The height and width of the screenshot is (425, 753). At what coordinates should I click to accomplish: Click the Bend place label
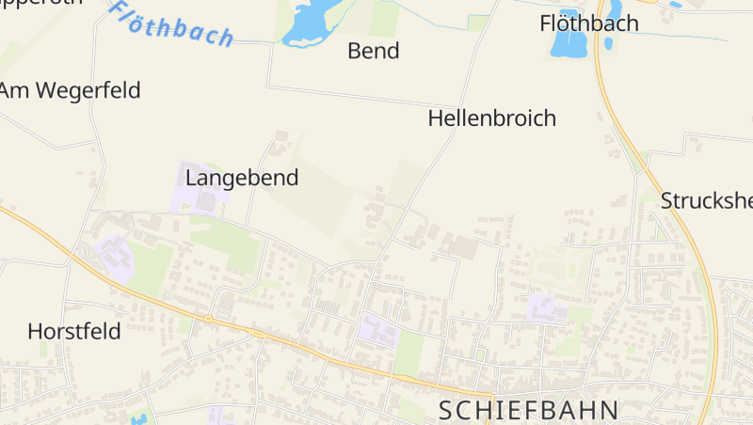click(x=374, y=51)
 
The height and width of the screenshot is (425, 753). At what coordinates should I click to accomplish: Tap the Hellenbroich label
click(x=491, y=118)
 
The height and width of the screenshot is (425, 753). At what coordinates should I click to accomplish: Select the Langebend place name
click(x=242, y=177)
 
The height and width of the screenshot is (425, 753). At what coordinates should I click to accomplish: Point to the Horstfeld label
click(x=74, y=331)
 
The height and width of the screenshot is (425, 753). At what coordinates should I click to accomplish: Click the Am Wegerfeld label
click(x=71, y=90)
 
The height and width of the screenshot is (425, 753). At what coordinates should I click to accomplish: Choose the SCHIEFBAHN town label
click(x=530, y=410)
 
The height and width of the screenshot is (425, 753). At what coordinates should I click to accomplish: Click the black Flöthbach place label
click(x=589, y=24)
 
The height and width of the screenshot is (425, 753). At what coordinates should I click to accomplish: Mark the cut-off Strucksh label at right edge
click(x=706, y=200)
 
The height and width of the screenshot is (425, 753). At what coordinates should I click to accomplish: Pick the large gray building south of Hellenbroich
click(x=466, y=248)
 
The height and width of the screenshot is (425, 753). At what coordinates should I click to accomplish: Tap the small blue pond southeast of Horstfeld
click(x=140, y=418)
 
